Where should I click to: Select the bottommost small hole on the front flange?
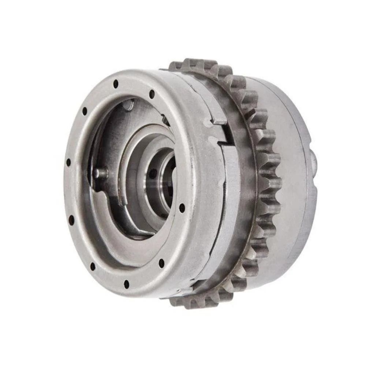tap(126, 284)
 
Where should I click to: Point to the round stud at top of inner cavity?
tap(128, 105)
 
